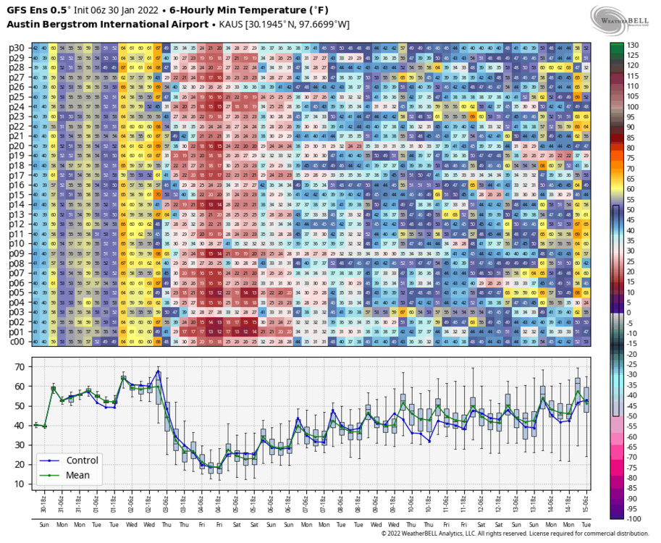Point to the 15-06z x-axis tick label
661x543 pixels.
click(x=585, y=500)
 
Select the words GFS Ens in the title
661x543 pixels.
click(x=28, y=10)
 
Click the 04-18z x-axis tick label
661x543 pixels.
click(x=219, y=500)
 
